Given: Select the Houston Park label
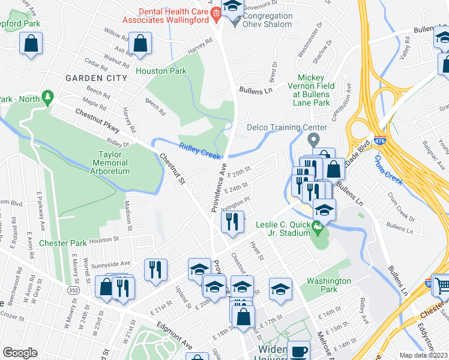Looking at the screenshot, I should (x=161, y=71).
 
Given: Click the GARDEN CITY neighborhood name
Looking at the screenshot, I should (x=96, y=78).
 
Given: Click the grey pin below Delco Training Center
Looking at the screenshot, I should (x=313, y=140).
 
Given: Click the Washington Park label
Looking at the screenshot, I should (x=328, y=285).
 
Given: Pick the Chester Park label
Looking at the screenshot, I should (x=63, y=243).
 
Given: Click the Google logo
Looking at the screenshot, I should (x=20, y=353).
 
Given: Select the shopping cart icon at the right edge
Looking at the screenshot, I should (x=442, y=284).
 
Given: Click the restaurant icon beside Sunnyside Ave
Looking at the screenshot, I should (x=155, y=269).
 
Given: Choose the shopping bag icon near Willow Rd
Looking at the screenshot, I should (x=140, y=43).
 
